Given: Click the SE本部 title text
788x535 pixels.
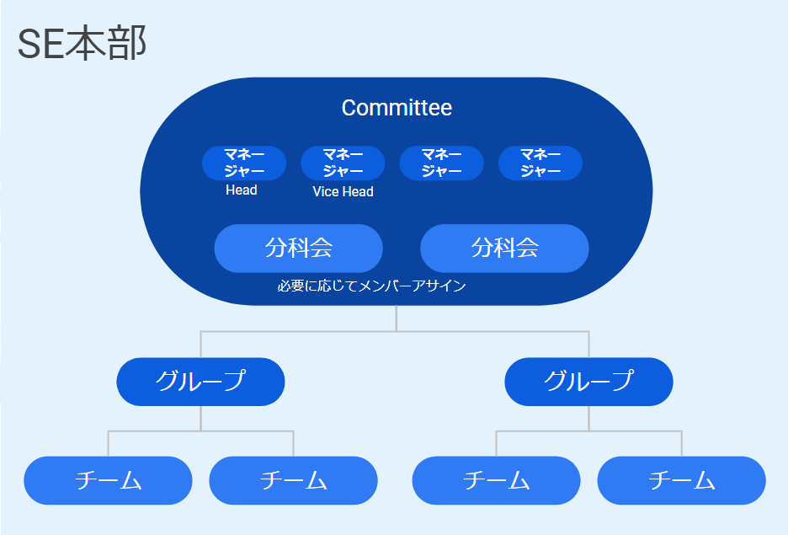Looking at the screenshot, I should pyautogui.click(x=82, y=45).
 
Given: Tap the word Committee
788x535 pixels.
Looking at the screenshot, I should pyautogui.click(x=397, y=108).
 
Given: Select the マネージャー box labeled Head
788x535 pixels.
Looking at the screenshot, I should pyautogui.click(x=244, y=163).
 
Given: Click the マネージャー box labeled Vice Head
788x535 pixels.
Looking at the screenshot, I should pyautogui.click(x=343, y=163).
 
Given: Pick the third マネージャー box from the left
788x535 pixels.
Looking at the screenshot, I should pyautogui.click(x=441, y=163).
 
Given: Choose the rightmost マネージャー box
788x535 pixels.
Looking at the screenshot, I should pyautogui.click(x=540, y=163).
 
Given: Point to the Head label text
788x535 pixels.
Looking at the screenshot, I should pyautogui.click(x=242, y=190).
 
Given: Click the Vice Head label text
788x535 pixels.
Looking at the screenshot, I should pyautogui.click(x=343, y=192).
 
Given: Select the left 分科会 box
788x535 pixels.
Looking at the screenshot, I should pyautogui.click(x=299, y=249).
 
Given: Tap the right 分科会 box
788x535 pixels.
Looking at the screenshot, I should pyautogui.click(x=504, y=249).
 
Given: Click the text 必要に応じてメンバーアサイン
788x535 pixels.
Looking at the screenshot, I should pyautogui.click(x=371, y=286).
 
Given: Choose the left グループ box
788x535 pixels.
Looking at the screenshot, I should pyautogui.click(x=200, y=382).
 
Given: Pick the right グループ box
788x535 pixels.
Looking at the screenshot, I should pyautogui.click(x=588, y=382).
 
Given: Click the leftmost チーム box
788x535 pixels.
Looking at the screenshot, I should pyautogui.click(x=108, y=480).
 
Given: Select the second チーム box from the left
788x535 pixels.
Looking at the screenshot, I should pyautogui.click(x=293, y=480).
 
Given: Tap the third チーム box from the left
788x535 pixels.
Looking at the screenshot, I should pyautogui.click(x=496, y=480).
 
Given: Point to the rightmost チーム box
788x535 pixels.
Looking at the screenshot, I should pyautogui.click(x=681, y=480).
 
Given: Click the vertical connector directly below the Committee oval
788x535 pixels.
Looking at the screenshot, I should pyautogui.click(x=397, y=318).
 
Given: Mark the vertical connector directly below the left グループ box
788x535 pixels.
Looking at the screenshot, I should pyautogui.click(x=200, y=418).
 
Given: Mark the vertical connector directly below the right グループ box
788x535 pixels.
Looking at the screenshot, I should pyautogui.click(x=588, y=418).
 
